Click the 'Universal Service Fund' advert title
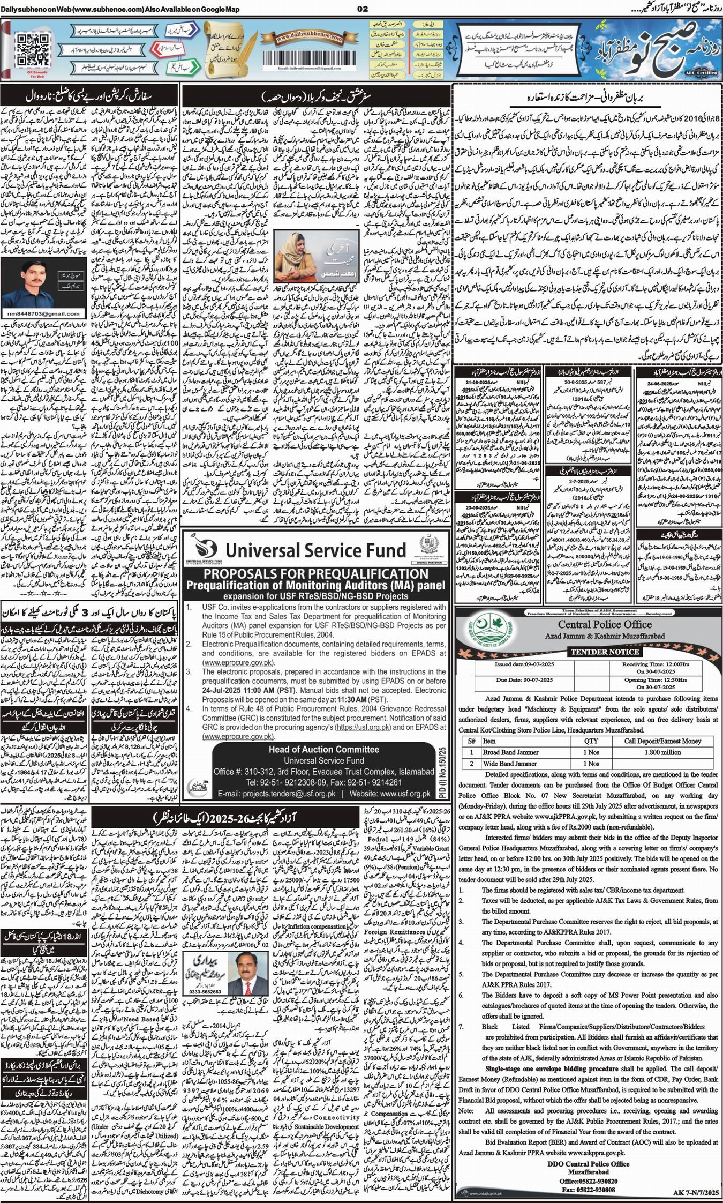[x=315, y=550]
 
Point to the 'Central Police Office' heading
[x=605, y=624]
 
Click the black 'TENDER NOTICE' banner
[x=605, y=652]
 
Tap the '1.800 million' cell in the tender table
[x=662, y=752]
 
